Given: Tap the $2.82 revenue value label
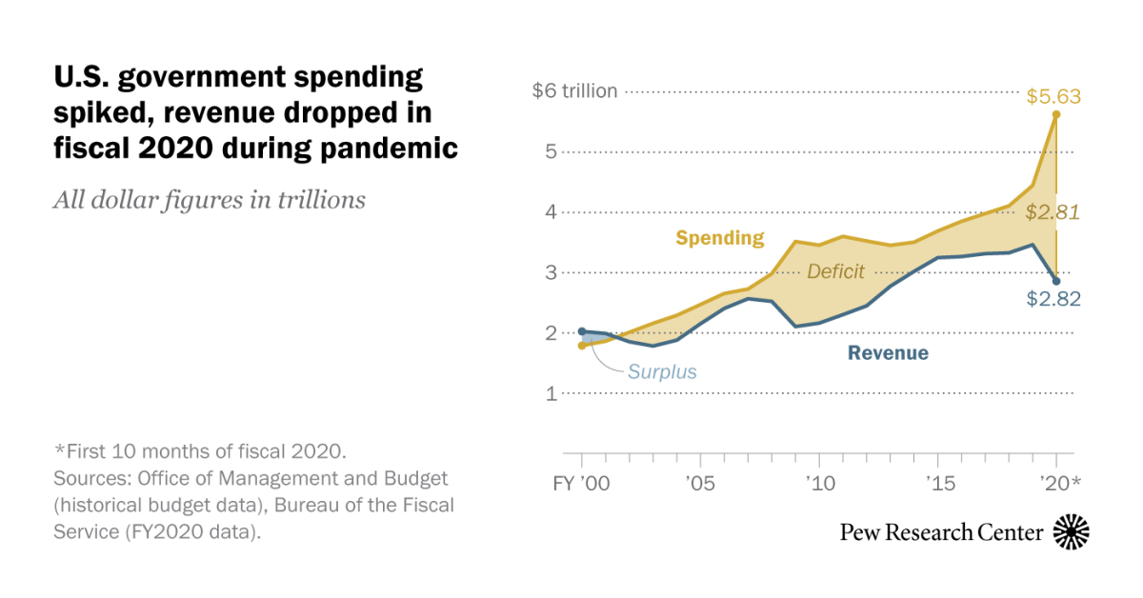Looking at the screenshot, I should pyautogui.click(x=1053, y=299).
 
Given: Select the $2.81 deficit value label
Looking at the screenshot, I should pyautogui.click(x=1053, y=213).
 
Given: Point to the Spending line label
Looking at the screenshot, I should pyautogui.click(x=720, y=238).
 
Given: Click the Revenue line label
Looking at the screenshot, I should pyautogui.click(x=888, y=353).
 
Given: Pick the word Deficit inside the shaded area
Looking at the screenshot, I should pyautogui.click(x=835, y=272).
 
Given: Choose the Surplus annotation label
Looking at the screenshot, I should pyautogui.click(x=662, y=371).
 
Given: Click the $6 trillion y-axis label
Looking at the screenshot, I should pyautogui.click(x=575, y=91).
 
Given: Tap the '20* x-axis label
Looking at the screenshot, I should pyautogui.click(x=1059, y=483).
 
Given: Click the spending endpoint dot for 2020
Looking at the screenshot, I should pyautogui.click(x=1056, y=114).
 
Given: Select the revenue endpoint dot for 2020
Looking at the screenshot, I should pyautogui.click(x=1056, y=281).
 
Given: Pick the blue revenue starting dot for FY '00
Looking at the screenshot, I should pyautogui.click(x=582, y=331).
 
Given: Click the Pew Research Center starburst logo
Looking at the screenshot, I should pyautogui.click(x=1072, y=531).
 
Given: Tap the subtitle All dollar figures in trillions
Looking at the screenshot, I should pyautogui.click(x=210, y=200).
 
